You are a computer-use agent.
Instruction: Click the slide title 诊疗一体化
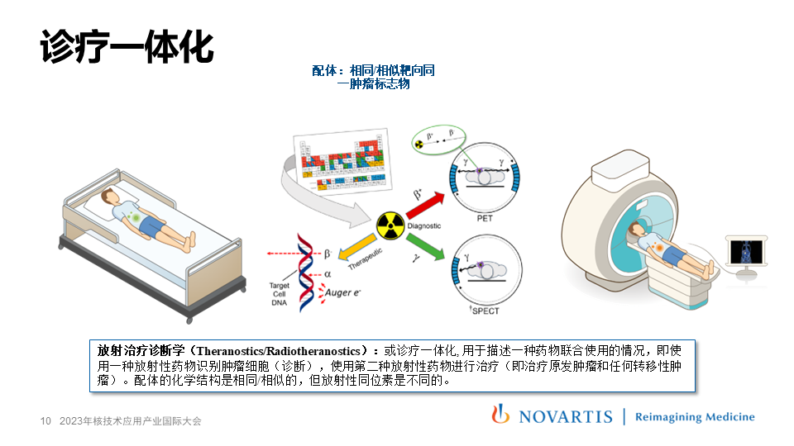(x=127, y=48)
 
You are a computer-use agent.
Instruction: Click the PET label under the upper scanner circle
(x=485, y=221)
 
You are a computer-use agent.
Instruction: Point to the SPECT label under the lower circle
(x=485, y=311)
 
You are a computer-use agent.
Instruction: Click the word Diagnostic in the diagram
(x=424, y=225)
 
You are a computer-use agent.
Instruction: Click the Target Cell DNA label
(x=280, y=295)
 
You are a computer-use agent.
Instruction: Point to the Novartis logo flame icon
(x=500, y=415)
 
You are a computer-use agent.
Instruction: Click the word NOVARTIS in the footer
(x=566, y=417)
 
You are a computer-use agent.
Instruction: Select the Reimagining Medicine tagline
(x=694, y=417)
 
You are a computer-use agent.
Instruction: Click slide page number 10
(x=46, y=421)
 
